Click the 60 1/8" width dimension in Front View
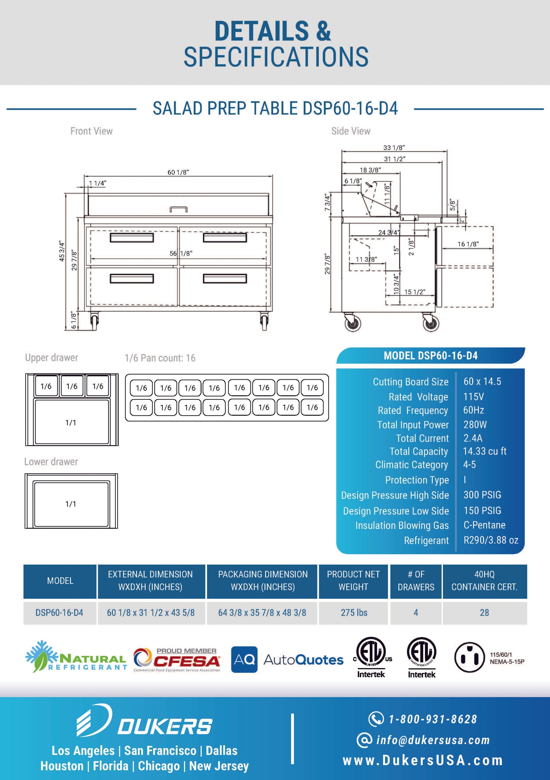178,172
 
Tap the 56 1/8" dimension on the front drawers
181,253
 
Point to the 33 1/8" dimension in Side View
394,148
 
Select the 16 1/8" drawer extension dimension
468,244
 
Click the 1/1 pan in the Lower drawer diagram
71,504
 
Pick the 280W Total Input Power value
475,424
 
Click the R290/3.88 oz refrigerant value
491,540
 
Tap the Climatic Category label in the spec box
411,465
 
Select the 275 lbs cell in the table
354,612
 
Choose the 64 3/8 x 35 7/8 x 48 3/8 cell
262,612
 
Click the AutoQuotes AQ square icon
244,659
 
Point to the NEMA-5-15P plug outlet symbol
469,657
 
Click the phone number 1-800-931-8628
432,719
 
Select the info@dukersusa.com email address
432,740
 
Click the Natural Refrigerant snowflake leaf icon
40,657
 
